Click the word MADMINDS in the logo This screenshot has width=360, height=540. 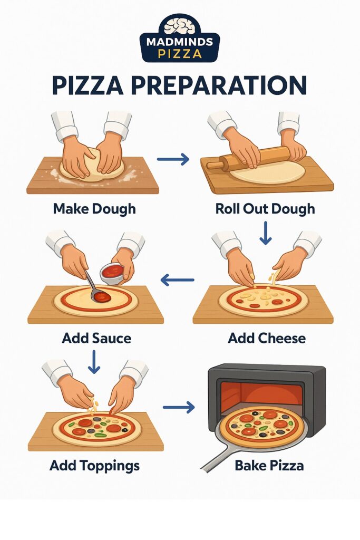[179, 42]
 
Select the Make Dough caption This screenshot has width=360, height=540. [94, 208]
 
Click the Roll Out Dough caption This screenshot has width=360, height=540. [265, 208]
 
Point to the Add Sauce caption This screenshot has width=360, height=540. [96, 337]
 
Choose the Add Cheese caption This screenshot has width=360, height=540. [266, 337]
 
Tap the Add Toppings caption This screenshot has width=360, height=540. [94, 465]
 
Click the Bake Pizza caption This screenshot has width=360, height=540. [269, 465]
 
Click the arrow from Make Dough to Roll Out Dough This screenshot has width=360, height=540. [173, 159]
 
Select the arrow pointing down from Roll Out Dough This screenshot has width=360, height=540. [266, 233]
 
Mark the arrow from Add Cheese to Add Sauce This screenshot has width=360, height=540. [178, 281]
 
